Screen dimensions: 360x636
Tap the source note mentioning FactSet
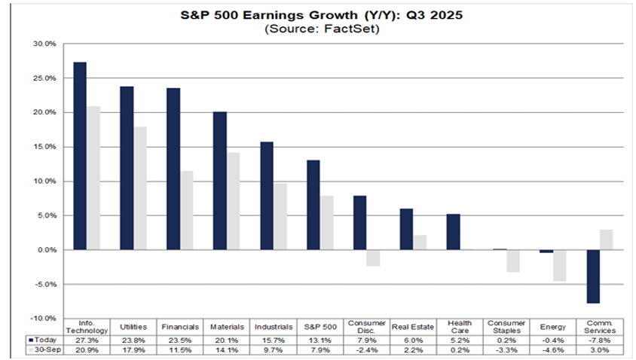[318, 29]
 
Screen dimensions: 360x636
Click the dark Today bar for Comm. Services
[594, 276]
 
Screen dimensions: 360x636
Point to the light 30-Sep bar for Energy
[560, 265]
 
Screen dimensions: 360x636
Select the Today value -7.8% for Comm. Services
[601, 339]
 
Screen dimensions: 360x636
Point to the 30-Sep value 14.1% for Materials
[227, 349]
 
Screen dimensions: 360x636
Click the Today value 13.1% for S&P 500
[320, 339]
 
